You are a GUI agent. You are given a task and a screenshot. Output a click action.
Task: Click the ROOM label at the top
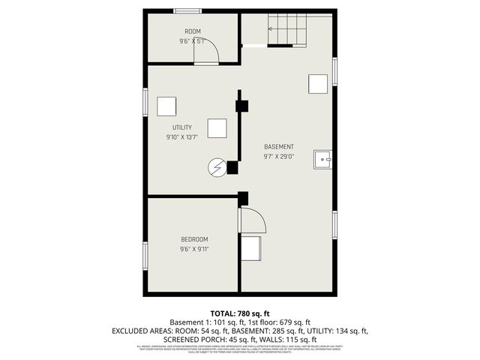[193, 31]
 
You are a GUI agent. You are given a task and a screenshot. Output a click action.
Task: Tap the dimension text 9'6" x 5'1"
[193, 41]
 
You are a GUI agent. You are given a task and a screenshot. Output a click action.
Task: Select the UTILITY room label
[182, 127]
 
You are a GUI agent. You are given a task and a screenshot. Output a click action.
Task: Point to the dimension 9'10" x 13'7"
[182, 137]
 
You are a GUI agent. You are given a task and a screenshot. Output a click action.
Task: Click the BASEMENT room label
[278, 146]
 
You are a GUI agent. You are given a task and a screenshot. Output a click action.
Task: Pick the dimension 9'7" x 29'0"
[278, 157]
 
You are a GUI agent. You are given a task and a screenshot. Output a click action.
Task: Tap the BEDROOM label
[193, 239]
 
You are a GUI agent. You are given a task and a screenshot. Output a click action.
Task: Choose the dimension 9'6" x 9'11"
[193, 249]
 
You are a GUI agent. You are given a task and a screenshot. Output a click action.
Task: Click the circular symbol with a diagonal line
[216, 166]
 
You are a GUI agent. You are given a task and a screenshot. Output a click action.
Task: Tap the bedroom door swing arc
[253, 220]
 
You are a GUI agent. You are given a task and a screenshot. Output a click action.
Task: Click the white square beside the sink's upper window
[318, 83]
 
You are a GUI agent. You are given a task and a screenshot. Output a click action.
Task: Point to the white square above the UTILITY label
[166, 106]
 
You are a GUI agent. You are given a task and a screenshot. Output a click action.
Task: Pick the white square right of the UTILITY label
[217, 128]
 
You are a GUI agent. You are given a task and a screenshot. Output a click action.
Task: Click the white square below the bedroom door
[250, 247]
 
